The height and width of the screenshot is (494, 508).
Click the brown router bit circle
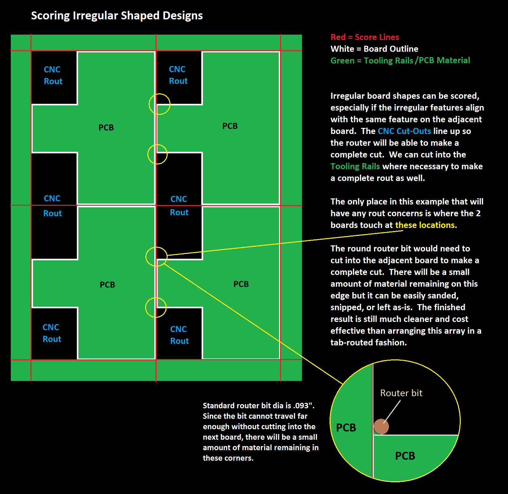tap(381, 426)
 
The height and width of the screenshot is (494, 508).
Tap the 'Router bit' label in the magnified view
tap(401, 393)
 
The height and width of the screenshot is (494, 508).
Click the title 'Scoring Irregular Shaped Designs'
tap(117, 16)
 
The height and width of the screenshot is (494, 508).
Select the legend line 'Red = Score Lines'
tap(365, 37)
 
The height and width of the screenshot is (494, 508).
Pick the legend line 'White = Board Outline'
tap(374, 49)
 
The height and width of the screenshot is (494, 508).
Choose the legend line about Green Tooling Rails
tap(400, 61)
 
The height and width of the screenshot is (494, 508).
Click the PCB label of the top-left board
tap(106, 128)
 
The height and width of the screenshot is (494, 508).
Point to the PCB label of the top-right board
tap(230, 126)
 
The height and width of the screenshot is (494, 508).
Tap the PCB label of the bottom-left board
tap(107, 285)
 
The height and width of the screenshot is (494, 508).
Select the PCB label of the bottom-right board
tap(241, 284)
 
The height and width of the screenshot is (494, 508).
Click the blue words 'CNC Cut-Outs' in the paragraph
tap(404, 131)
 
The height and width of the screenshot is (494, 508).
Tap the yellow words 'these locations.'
tap(426, 225)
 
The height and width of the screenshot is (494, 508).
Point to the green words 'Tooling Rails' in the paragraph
tap(355, 166)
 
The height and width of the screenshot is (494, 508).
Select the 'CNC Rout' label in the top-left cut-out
tap(53, 75)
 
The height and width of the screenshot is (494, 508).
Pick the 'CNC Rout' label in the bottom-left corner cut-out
tap(52, 333)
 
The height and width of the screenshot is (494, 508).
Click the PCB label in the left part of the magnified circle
tap(346, 428)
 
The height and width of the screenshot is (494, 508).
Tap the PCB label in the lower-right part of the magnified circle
tap(405, 456)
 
